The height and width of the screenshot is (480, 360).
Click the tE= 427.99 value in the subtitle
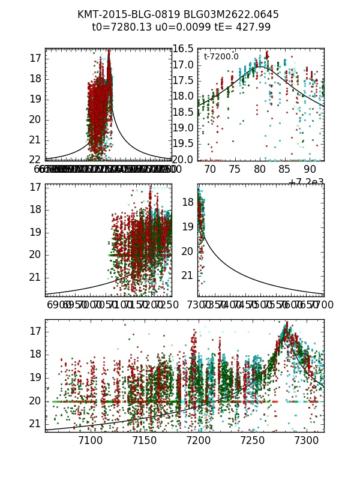241,27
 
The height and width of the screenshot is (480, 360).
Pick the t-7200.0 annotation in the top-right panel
221,57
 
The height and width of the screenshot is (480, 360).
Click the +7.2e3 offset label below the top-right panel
306,182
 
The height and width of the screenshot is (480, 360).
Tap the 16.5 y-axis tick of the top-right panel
182,49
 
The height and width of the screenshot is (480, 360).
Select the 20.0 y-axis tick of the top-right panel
182,160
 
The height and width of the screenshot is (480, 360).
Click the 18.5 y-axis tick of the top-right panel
182,112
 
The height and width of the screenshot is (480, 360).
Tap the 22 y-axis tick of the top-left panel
34,160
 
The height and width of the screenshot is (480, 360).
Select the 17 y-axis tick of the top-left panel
34,58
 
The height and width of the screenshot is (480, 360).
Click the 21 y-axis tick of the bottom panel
35,424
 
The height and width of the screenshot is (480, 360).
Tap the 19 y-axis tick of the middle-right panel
188,227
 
